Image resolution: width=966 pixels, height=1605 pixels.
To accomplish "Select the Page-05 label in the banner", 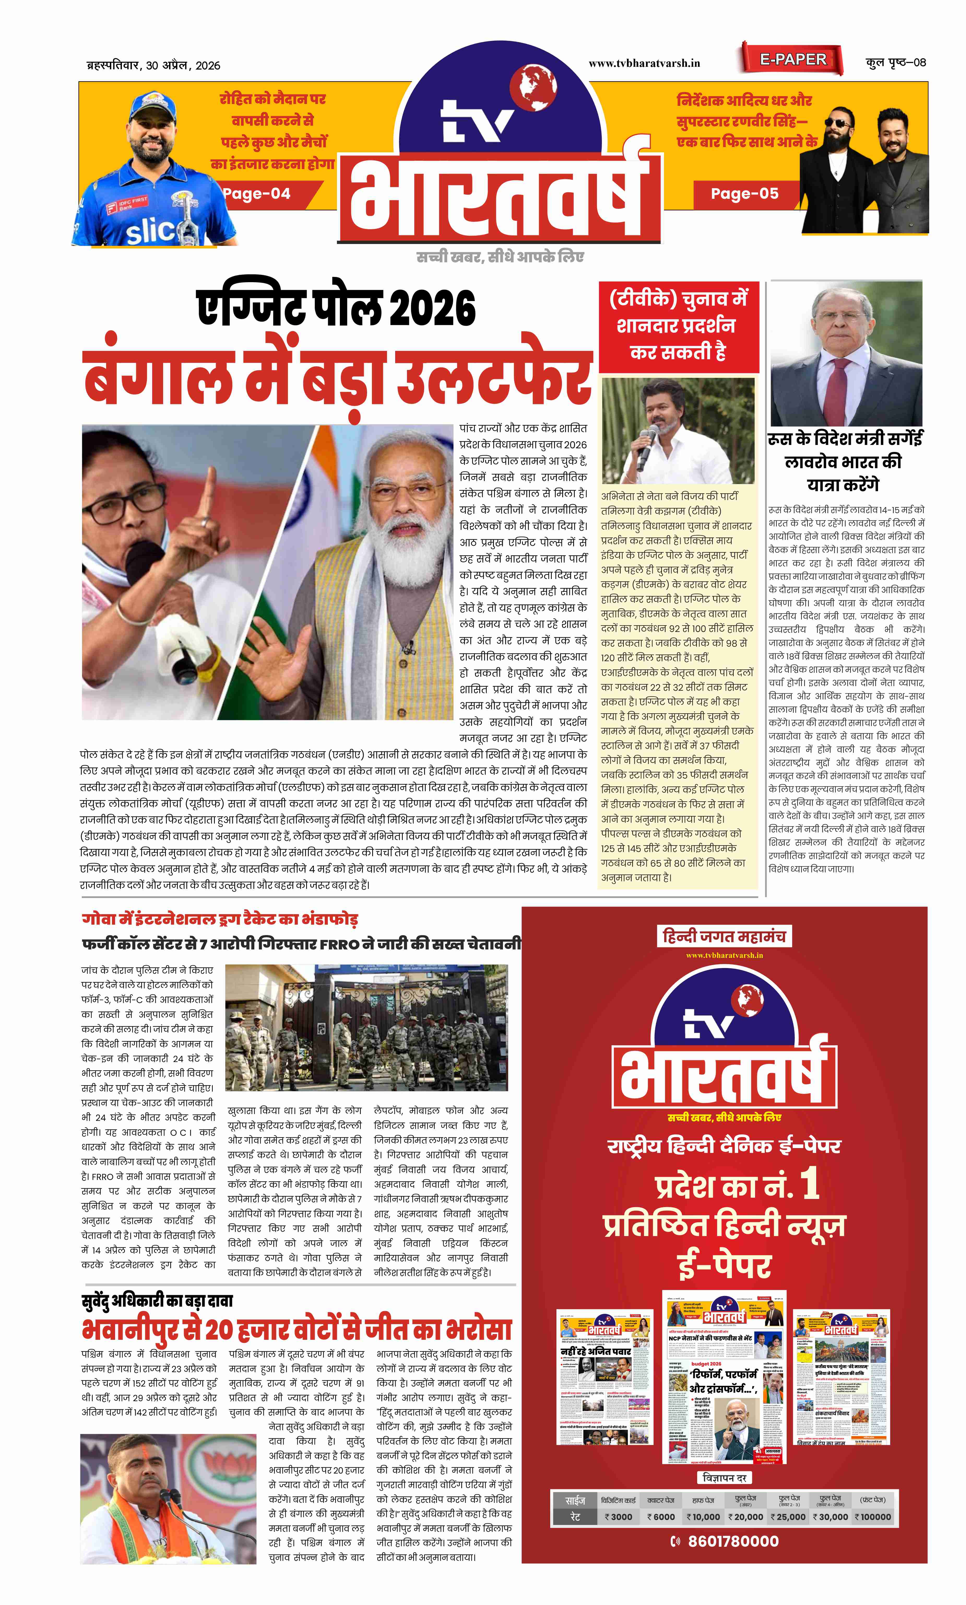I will tap(744, 193).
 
